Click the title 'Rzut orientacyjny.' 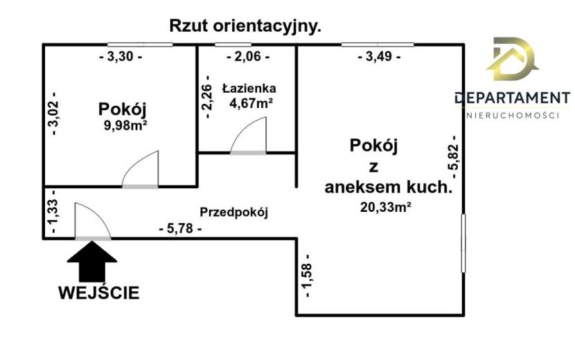click(245, 26)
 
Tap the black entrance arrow click(92, 262)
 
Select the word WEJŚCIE click(99, 293)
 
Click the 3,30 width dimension click(121, 57)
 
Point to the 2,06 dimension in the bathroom click(248, 57)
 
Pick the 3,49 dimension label click(379, 57)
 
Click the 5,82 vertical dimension click(453, 156)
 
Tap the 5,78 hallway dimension click(180, 228)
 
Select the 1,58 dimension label click(307, 276)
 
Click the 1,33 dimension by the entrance click(53, 212)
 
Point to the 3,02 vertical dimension click(53, 114)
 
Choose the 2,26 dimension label click(207, 97)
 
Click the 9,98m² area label click(126, 126)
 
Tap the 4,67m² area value click(251, 103)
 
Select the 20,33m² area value click(385, 207)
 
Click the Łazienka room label click(249, 89)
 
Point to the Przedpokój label click(234, 213)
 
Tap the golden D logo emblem click(512, 59)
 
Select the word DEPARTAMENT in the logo click(512, 98)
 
